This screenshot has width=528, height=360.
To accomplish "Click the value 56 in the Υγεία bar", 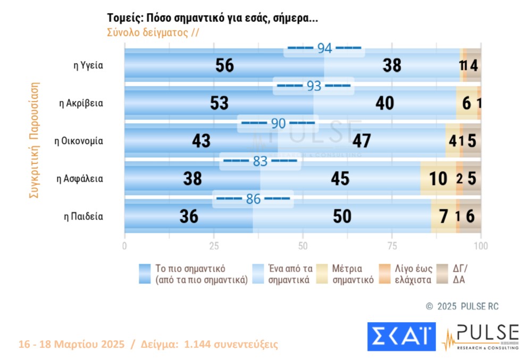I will click(225, 65).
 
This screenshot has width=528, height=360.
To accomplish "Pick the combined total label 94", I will click(324, 48).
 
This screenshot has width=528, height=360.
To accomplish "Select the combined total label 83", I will click(259, 161).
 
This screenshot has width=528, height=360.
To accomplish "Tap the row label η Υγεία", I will click(88, 65).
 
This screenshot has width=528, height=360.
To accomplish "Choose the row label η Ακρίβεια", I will click(81, 103).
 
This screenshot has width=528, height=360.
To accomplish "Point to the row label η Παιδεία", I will click(83, 216).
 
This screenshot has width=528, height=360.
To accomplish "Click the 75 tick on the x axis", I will click(392, 246).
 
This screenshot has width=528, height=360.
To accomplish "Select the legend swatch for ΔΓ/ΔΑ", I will click(441, 274).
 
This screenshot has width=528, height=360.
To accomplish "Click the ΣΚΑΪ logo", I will click(401, 336).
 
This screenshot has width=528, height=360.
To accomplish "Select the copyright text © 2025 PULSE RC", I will click(463, 306).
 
